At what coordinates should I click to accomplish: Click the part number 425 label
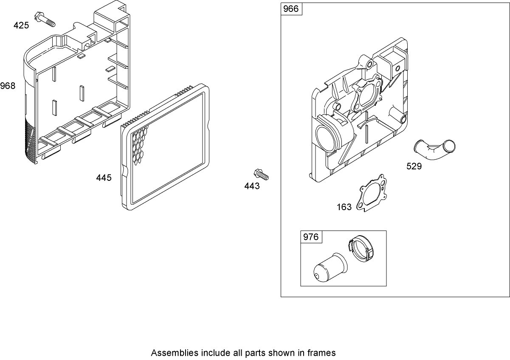21,25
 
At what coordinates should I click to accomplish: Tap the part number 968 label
8,86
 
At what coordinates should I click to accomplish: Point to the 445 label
104,177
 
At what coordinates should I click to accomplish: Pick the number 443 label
252,186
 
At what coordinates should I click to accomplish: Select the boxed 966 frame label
291,9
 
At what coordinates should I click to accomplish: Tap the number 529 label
414,166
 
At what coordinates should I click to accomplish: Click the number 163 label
344,207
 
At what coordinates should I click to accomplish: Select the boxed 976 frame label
311,237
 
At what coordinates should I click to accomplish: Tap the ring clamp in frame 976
362,250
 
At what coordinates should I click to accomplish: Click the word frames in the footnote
324,353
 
